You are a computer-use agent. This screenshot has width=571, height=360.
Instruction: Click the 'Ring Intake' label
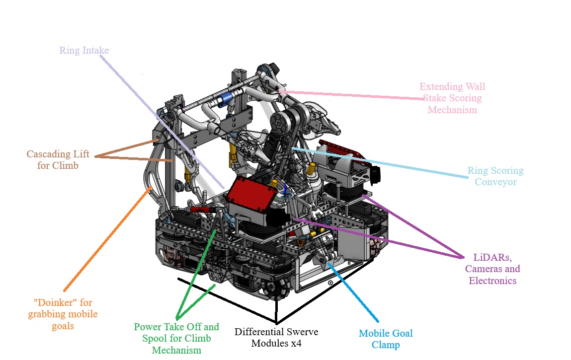[x=84, y=50]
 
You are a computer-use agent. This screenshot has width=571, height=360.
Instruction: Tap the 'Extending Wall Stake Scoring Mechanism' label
[x=452, y=98]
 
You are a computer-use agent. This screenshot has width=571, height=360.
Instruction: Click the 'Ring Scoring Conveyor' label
[x=495, y=176]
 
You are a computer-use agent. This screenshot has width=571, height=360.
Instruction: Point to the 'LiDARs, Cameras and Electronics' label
[x=492, y=269]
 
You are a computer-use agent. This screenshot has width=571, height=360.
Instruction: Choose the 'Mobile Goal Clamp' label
[x=386, y=339]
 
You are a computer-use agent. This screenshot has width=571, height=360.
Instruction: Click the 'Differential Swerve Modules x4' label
[x=276, y=337]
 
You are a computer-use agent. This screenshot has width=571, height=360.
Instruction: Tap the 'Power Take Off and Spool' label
[x=176, y=338]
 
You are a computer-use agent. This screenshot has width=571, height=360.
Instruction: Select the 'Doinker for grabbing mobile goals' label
[x=63, y=313]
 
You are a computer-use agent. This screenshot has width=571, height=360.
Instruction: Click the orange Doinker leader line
[x=107, y=238]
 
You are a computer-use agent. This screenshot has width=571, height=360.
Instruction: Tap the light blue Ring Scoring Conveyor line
[x=378, y=162]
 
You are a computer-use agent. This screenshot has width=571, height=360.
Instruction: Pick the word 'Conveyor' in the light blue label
[x=495, y=182]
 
